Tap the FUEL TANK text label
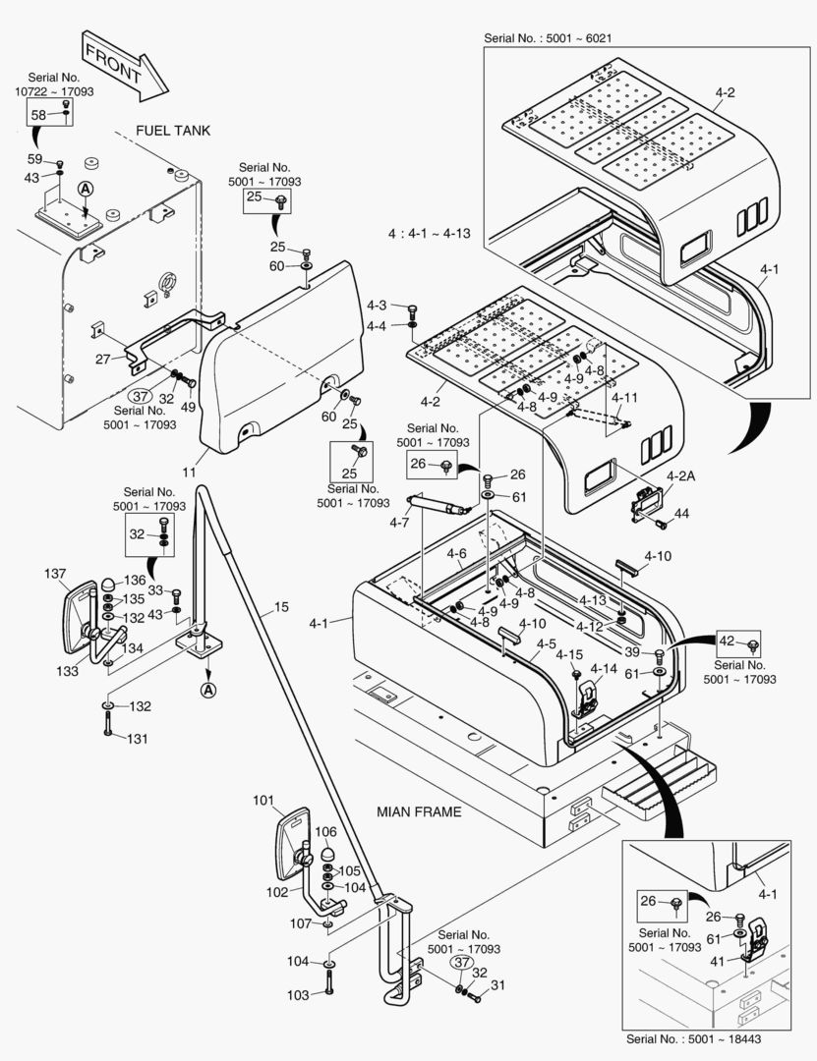click(x=173, y=131)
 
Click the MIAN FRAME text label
click(x=419, y=812)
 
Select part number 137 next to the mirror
click(x=55, y=574)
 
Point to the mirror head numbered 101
click(x=294, y=843)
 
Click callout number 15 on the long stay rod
click(x=281, y=607)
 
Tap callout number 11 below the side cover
click(x=189, y=472)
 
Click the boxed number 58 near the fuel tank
click(x=38, y=115)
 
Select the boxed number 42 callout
click(x=727, y=641)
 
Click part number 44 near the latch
click(x=681, y=514)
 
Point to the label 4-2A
click(x=680, y=476)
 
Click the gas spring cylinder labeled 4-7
click(x=438, y=504)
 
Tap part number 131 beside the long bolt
click(x=138, y=739)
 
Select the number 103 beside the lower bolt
click(x=298, y=995)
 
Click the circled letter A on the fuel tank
click(x=85, y=190)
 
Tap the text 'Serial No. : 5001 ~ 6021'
click(x=548, y=38)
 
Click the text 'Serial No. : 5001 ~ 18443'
click(x=693, y=1038)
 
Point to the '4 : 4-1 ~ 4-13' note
click(x=429, y=234)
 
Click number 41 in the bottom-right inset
click(x=718, y=961)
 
